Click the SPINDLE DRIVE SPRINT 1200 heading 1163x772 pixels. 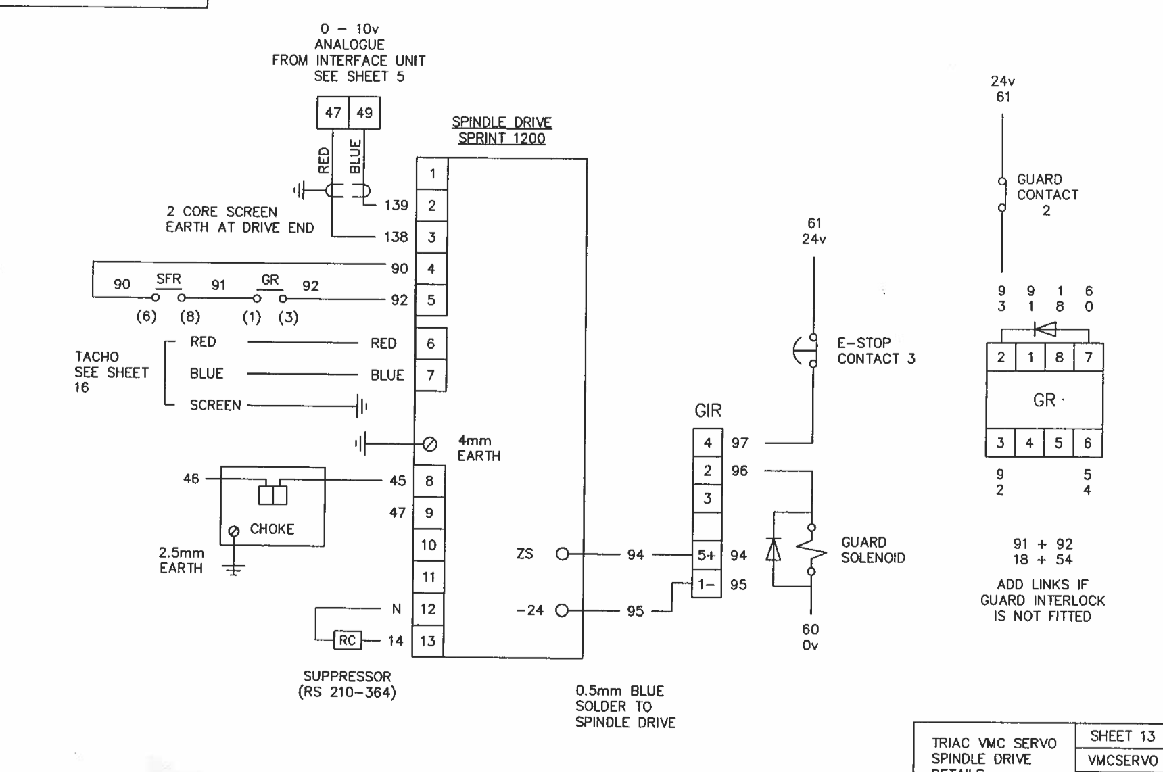[x=501, y=130]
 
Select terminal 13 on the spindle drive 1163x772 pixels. [x=428, y=641]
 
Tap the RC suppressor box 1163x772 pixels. [x=347, y=640]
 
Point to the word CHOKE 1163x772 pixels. [x=272, y=529]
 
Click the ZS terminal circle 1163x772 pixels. [x=563, y=554]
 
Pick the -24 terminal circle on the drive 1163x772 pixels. [x=563, y=611]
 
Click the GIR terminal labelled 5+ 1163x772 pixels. [x=707, y=555]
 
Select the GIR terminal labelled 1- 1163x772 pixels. [x=707, y=585]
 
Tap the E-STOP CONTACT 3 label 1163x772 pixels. [x=876, y=351]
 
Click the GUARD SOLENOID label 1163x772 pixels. [x=873, y=550]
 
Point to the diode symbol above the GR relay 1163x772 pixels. [x=1045, y=329]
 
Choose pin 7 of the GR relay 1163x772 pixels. [x=1089, y=358]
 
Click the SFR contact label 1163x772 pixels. [x=168, y=279]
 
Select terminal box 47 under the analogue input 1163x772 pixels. [x=333, y=113]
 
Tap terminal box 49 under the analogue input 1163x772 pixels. [x=364, y=113]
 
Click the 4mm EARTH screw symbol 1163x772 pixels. [x=429, y=444]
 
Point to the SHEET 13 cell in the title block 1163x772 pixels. [x=1122, y=736]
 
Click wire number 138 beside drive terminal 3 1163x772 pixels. [x=396, y=237]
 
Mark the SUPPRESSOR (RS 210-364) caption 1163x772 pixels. [x=347, y=684]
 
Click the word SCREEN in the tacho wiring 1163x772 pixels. [x=215, y=406]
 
